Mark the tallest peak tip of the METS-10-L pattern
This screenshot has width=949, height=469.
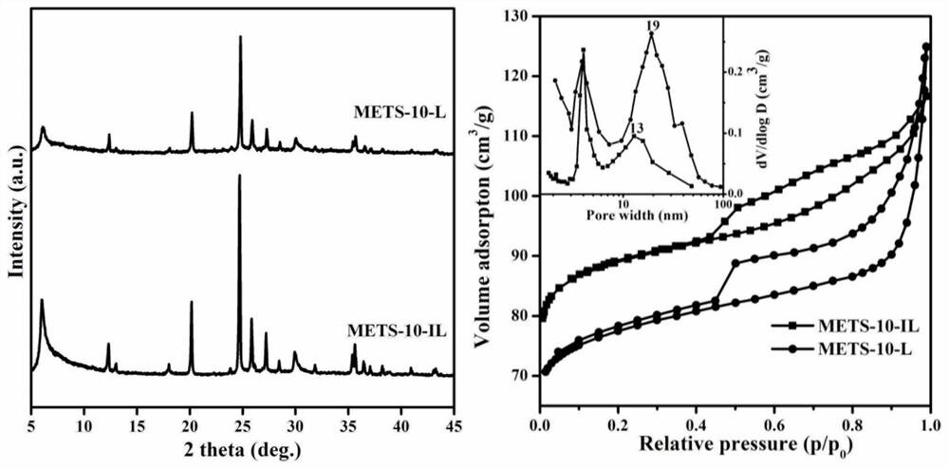coord(240,37)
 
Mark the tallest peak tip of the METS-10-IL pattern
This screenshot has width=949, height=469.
coord(239,175)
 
